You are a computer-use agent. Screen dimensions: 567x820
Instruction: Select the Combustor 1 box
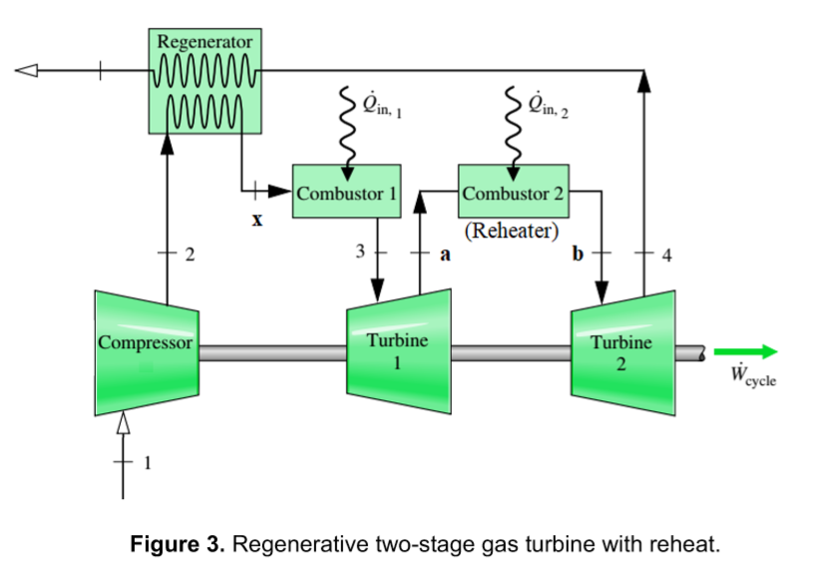[x=345, y=192]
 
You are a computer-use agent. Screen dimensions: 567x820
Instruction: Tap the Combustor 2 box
[x=513, y=192]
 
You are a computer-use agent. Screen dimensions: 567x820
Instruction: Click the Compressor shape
[x=146, y=351]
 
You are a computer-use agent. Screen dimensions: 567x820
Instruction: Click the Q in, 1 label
[x=383, y=104]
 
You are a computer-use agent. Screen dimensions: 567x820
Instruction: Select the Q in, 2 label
[x=550, y=104]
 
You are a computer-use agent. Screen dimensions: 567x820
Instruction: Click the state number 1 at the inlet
[x=150, y=462]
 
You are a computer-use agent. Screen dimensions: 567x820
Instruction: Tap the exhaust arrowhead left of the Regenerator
[x=26, y=71]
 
